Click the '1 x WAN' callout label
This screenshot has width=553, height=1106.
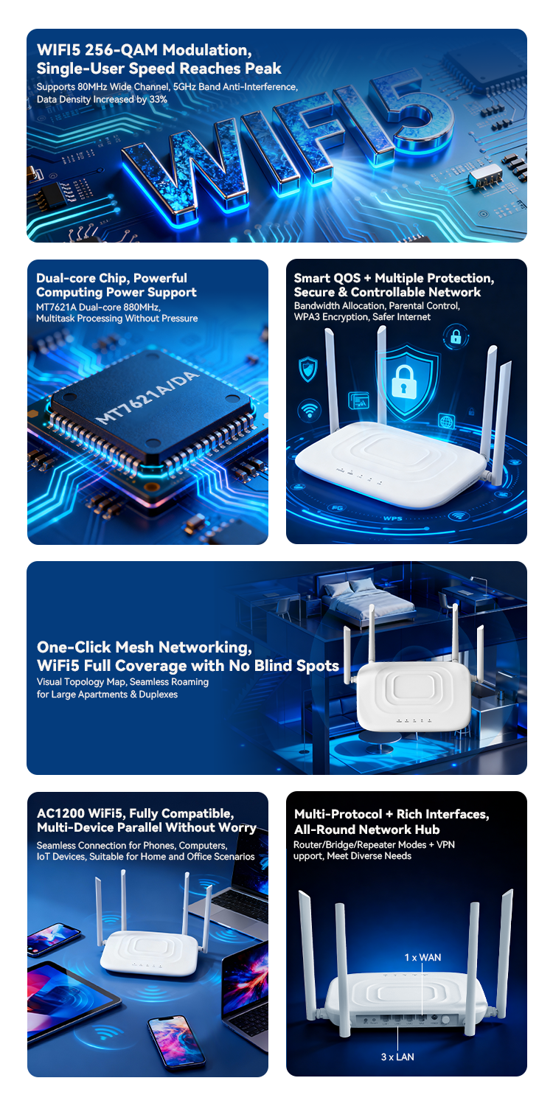(422, 957)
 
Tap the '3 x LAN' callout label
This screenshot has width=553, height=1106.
(397, 1057)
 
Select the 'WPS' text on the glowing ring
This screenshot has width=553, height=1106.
(393, 518)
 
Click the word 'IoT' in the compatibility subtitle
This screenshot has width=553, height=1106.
(44, 857)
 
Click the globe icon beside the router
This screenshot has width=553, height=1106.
(447, 421)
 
